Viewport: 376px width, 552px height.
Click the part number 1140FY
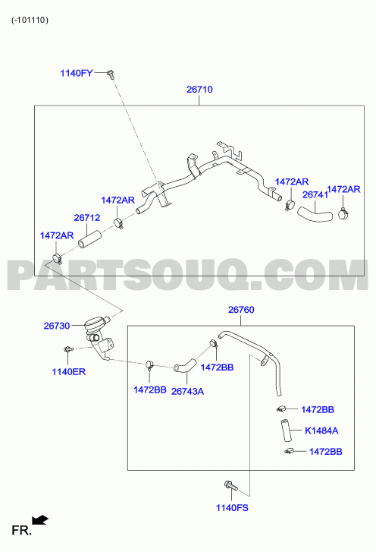[77, 73]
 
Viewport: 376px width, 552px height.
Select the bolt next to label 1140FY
[111, 74]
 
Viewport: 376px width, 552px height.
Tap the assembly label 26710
[199, 90]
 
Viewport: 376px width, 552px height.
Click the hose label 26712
[86, 218]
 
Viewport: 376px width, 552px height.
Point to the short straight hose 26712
[89, 239]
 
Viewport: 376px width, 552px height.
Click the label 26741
[315, 194]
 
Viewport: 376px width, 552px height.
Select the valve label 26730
[57, 326]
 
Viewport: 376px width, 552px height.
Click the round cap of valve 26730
[95, 323]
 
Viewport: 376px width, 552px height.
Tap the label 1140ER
[68, 372]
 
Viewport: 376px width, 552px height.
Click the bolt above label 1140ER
[67, 349]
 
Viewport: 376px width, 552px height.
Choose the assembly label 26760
[241, 310]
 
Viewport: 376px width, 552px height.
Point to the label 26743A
[187, 392]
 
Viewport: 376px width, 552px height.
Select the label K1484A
[321, 431]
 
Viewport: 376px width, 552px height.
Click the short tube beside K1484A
[286, 431]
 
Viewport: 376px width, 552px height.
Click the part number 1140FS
[232, 508]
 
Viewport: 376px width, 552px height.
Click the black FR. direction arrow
[39, 520]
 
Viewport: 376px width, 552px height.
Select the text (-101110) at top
[30, 20]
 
